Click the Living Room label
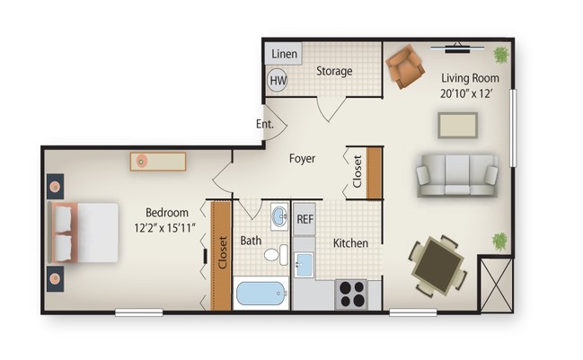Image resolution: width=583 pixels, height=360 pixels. (468, 77)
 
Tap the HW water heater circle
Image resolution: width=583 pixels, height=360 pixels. (278, 80)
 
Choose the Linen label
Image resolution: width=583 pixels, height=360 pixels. (284, 54)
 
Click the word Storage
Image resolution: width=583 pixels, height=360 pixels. (333, 71)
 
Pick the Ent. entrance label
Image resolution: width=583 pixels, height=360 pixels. (264, 124)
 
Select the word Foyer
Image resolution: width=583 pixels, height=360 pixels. (302, 159)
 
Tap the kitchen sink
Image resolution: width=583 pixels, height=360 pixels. (305, 265)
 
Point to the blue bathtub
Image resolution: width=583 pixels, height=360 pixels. (261, 294)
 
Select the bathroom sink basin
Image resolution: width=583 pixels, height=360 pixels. (279, 217)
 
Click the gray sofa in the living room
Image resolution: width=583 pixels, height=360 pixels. (456, 174)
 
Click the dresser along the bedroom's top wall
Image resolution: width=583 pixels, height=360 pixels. (157, 162)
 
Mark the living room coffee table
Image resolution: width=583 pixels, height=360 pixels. (456, 125)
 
